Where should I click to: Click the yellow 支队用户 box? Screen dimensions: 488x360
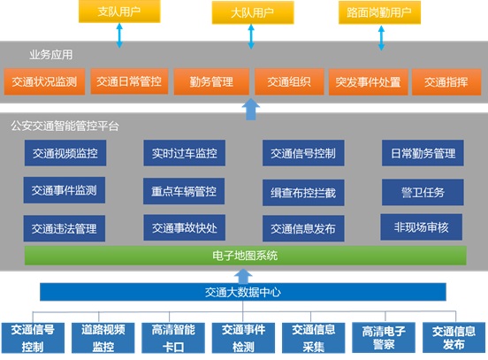coord(119,11)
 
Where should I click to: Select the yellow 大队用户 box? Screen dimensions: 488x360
coord(253,12)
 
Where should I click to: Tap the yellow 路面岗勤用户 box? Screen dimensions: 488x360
coord(379,12)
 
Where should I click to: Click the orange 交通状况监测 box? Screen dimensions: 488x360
coord(44,81)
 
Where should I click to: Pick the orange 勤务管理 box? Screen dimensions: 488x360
coord(211,82)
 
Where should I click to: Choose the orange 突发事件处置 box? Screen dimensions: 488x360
coord(368,82)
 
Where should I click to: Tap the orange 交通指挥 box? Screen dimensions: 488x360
coord(446,82)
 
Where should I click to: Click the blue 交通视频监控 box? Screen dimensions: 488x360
coord(65,153)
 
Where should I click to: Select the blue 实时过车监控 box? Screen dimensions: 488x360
coord(184,153)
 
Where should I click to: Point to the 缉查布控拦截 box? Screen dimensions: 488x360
coord(303,193)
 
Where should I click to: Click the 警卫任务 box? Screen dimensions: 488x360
coord(423,192)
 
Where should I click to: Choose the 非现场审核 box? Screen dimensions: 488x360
coord(421,227)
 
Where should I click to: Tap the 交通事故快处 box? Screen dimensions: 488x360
coord(184,227)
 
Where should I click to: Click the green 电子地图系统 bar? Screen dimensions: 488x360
coord(245,256)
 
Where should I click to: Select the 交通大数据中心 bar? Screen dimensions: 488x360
coord(243,292)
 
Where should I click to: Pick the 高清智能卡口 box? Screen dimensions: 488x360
coord(173,338)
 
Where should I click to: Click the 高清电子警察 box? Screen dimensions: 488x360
coord(384,338)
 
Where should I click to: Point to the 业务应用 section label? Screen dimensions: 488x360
coord(51,55)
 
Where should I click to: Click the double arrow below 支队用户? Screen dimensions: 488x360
coord(119,35)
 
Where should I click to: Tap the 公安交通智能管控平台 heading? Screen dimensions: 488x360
coord(65,126)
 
